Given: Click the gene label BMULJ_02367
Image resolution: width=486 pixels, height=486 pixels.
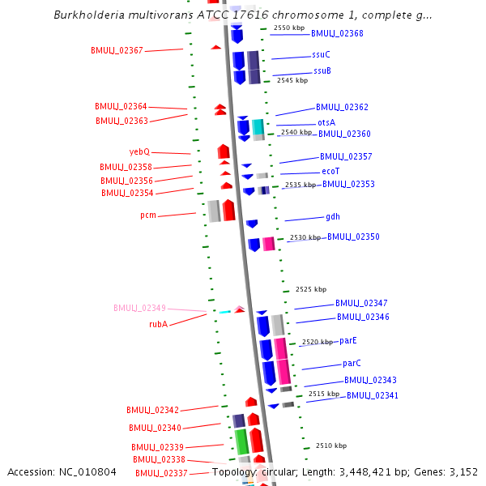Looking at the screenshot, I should (x=117, y=50).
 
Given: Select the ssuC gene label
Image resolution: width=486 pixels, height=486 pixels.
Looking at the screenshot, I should (x=321, y=54).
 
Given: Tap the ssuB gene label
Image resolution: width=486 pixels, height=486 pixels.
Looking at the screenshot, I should (x=322, y=70).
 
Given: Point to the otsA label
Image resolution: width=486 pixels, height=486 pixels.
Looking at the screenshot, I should (x=326, y=122).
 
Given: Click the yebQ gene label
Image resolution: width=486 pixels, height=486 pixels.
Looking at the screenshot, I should (x=139, y=151).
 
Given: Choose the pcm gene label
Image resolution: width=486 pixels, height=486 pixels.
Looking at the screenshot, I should (x=148, y=215).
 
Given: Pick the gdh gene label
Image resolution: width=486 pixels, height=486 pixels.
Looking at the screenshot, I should (x=333, y=216).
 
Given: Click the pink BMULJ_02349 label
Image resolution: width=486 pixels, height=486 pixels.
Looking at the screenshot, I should (x=139, y=308).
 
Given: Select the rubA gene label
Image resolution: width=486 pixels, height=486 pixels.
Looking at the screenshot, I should (x=158, y=324).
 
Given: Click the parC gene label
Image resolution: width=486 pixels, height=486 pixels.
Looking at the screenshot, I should (x=352, y=363).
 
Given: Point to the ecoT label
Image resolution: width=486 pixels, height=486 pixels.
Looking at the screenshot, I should (x=330, y=171).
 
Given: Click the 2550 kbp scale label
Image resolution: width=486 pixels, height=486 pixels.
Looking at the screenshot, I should (x=288, y=28).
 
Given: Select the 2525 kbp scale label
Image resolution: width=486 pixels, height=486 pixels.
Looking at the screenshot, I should (x=311, y=289).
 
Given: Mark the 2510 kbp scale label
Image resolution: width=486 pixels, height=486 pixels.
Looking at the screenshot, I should (x=331, y=446).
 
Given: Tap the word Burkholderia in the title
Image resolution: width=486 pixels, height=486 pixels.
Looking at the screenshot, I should (x=89, y=15).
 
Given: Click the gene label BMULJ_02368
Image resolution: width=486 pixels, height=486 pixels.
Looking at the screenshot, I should (x=337, y=33).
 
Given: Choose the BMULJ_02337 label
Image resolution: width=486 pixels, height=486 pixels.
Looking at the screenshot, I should (x=161, y=473).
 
